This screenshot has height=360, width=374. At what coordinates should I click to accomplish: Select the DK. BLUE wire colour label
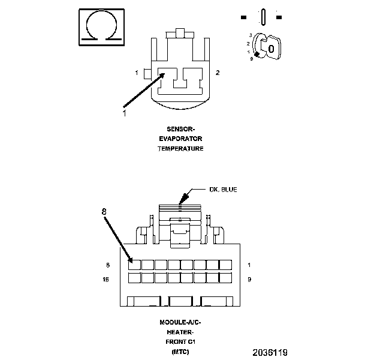(223, 190)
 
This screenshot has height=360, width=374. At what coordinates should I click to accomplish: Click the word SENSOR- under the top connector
(180, 129)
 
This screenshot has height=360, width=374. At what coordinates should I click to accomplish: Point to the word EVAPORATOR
(180, 139)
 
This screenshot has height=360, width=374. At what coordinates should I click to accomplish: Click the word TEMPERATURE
(180, 148)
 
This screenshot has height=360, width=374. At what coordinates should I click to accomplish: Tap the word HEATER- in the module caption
(180, 332)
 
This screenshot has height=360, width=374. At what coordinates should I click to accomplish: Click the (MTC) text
(180, 351)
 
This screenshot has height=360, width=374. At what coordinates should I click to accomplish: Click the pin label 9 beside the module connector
(249, 279)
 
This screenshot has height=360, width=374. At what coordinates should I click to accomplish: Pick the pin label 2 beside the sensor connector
(218, 73)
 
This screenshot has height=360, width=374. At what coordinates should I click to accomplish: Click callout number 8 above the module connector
(104, 211)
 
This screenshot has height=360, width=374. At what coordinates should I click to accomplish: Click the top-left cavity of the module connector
(135, 265)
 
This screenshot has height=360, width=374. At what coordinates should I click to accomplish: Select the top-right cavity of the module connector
(226, 265)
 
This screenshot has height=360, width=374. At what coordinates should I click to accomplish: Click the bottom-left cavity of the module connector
(135, 278)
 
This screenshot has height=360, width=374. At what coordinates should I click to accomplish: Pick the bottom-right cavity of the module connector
(226, 278)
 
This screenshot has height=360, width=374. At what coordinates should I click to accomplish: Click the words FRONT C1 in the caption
(180, 341)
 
